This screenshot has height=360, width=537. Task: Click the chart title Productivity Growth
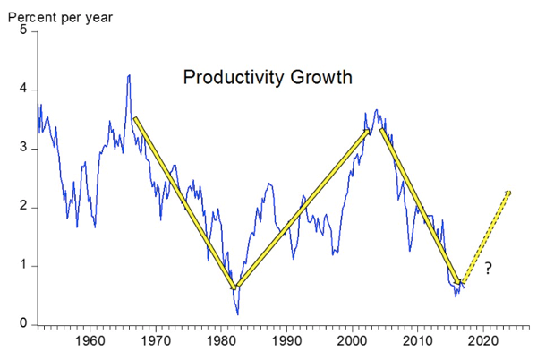pyautogui.click(x=268, y=77)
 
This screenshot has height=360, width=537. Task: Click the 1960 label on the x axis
pyautogui.click(x=89, y=341)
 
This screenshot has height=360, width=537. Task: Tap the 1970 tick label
pyautogui.click(x=155, y=341)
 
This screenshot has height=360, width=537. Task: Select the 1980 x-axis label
pyautogui.click(x=220, y=341)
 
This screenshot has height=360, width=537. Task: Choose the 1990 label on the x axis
pyautogui.click(x=286, y=341)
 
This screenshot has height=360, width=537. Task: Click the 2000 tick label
pyautogui.click(x=352, y=341)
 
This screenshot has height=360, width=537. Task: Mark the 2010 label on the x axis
pyautogui.click(x=417, y=341)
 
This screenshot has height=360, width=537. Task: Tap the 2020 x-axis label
pyautogui.click(x=482, y=341)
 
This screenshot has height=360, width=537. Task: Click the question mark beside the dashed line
pyautogui.click(x=488, y=269)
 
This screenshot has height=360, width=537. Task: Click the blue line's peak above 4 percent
pyautogui.click(x=129, y=76)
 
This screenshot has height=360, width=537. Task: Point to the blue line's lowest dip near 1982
pyautogui.click(x=238, y=313)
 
